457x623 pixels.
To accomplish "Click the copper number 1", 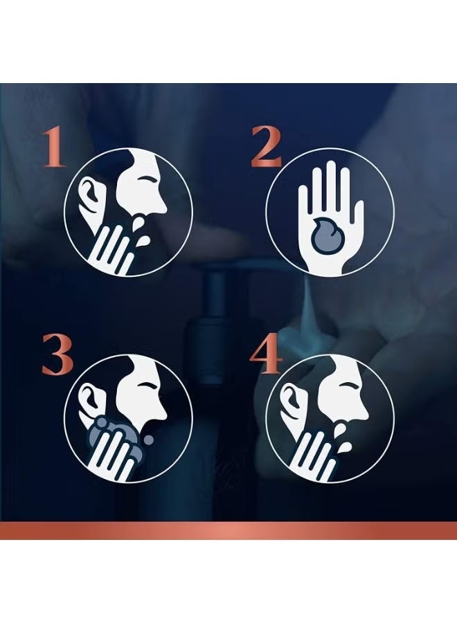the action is point(55,147).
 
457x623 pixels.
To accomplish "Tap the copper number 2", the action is point(267,147).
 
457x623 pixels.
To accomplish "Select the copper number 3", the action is point(57,354).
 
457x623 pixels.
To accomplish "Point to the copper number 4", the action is point(266,354).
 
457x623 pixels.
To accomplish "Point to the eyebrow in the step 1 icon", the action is point(147,179).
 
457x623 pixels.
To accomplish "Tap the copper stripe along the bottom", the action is point(228,531).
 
